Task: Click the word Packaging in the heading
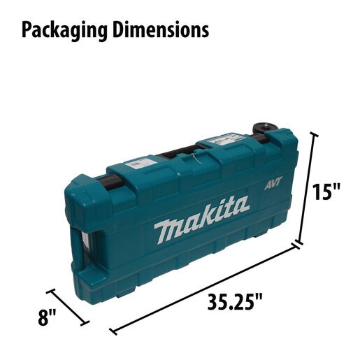click(x=64, y=30)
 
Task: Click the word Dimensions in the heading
click(x=161, y=29)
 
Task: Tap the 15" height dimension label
click(x=326, y=192)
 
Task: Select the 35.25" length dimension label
click(x=235, y=302)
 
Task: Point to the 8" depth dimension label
click(x=47, y=317)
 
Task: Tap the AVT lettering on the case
click(x=273, y=183)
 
